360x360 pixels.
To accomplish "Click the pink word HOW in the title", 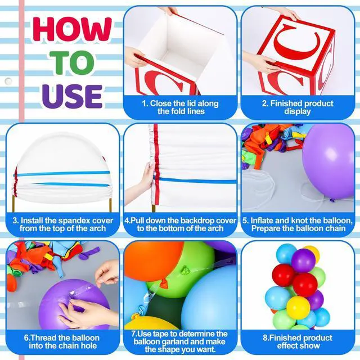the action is point(72,29).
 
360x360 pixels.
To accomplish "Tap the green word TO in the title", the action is point(72,62).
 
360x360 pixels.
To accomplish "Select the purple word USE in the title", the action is point(72,96).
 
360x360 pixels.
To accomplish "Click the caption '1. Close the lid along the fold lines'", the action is point(181,107).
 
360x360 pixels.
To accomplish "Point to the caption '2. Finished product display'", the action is point(298,107).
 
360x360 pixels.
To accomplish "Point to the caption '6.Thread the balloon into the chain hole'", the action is point(62,341).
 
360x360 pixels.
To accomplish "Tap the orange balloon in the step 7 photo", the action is point(154,260).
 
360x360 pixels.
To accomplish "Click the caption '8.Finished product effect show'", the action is point(298,341).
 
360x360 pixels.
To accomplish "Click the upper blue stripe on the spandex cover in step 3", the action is point(62,174).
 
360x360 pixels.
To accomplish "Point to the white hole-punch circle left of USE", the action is point(8,81).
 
